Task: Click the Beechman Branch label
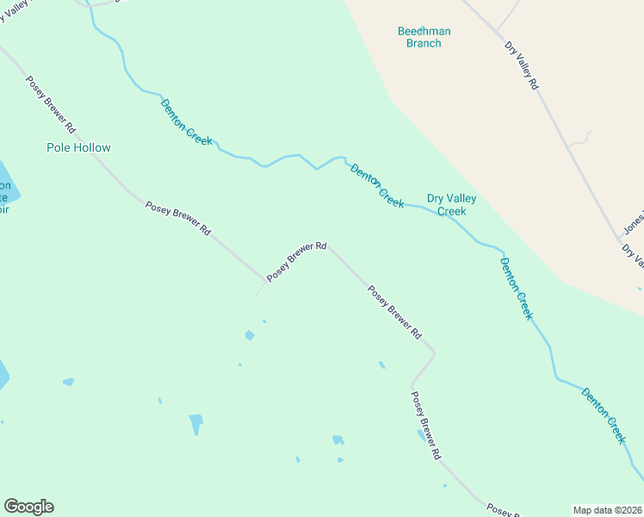pos(424,37)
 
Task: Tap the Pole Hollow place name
pos(78,147)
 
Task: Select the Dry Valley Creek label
pos(451,205)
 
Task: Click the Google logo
pos(29,507)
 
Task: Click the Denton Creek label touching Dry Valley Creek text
pos(377,185)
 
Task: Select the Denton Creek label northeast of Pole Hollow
pos(186,121)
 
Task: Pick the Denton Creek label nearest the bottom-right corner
pos(604,415)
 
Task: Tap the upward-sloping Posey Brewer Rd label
pos(296,261)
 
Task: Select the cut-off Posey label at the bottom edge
pos(501,510)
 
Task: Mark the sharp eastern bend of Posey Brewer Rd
pos(434,352)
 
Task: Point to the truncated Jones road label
pos(634,223)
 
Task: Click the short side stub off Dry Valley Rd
pos(582,138)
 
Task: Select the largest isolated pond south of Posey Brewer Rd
pos(196,422)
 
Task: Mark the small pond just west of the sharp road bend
pos(381,364)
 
